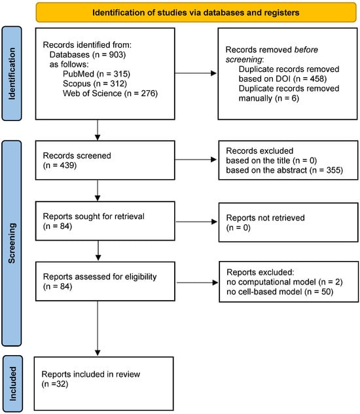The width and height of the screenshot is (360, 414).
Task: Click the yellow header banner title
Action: pos(196,12)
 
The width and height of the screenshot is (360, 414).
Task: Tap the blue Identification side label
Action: pos(12,73)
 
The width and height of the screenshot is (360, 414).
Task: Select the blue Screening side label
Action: pos(12,243)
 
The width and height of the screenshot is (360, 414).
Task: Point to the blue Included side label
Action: pos(12,384)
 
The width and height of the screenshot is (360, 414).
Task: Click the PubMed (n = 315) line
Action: pos(96,74)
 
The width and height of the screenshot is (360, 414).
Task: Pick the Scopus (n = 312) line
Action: pos(95,84)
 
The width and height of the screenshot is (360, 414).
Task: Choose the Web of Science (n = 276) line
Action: pos(110,94)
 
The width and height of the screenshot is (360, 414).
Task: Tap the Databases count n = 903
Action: pos(109,55)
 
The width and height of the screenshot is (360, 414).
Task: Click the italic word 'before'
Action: pos(306,50)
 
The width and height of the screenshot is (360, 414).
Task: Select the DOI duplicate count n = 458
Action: pos(310,78)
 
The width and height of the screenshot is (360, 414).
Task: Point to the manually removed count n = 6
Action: pos(287,98)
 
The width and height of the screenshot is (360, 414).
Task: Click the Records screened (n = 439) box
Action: pos(105,160)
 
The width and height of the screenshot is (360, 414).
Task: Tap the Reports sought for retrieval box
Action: pos(105,221)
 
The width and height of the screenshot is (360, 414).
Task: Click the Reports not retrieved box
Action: pos(289,222)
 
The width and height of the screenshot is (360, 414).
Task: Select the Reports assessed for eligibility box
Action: pos(105,281)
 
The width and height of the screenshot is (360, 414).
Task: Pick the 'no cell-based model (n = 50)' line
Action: pos(280,292)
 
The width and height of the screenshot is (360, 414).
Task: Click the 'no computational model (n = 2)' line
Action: pos(285,282)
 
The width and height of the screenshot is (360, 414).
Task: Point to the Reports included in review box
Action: pos(104,384)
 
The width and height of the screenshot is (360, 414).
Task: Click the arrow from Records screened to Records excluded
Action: pos(196,160)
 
